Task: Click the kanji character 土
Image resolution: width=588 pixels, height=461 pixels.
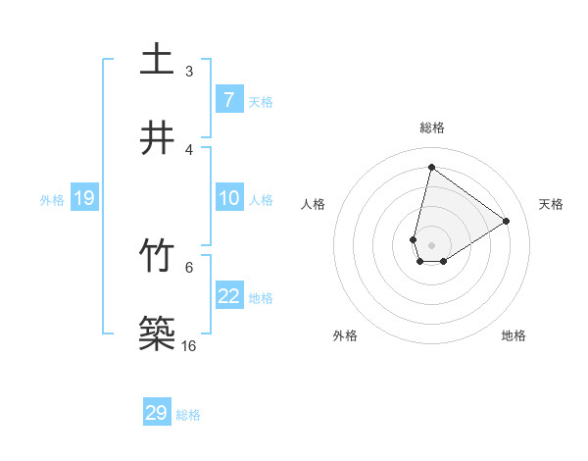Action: (157, 59)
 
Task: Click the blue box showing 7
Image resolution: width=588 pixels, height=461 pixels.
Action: (229, 99)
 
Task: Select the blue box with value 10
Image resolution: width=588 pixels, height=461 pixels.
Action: (229, 198)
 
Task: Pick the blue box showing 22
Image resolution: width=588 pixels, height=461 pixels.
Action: (229, 296)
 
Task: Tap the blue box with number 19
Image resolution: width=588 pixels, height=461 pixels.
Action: (84, 198)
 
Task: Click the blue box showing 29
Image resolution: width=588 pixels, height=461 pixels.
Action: (157, 413)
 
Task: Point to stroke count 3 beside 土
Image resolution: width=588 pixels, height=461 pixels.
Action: (188, 71)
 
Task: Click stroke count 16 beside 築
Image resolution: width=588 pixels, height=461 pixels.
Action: (188, 346)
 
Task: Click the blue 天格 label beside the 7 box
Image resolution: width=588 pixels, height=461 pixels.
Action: (261, 101)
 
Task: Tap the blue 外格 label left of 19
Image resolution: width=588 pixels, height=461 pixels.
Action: (52, 200)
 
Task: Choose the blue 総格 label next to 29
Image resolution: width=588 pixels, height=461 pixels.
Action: (188, 415)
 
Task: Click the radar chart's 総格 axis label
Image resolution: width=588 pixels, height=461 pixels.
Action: (431, 128)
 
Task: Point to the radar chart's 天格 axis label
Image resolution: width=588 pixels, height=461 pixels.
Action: (551, 204)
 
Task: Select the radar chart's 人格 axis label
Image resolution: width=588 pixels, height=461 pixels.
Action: (314, 204)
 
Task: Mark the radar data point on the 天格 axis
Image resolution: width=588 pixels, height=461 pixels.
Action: (506, 221)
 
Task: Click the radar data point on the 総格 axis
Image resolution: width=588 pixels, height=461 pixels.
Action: (431, 167)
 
